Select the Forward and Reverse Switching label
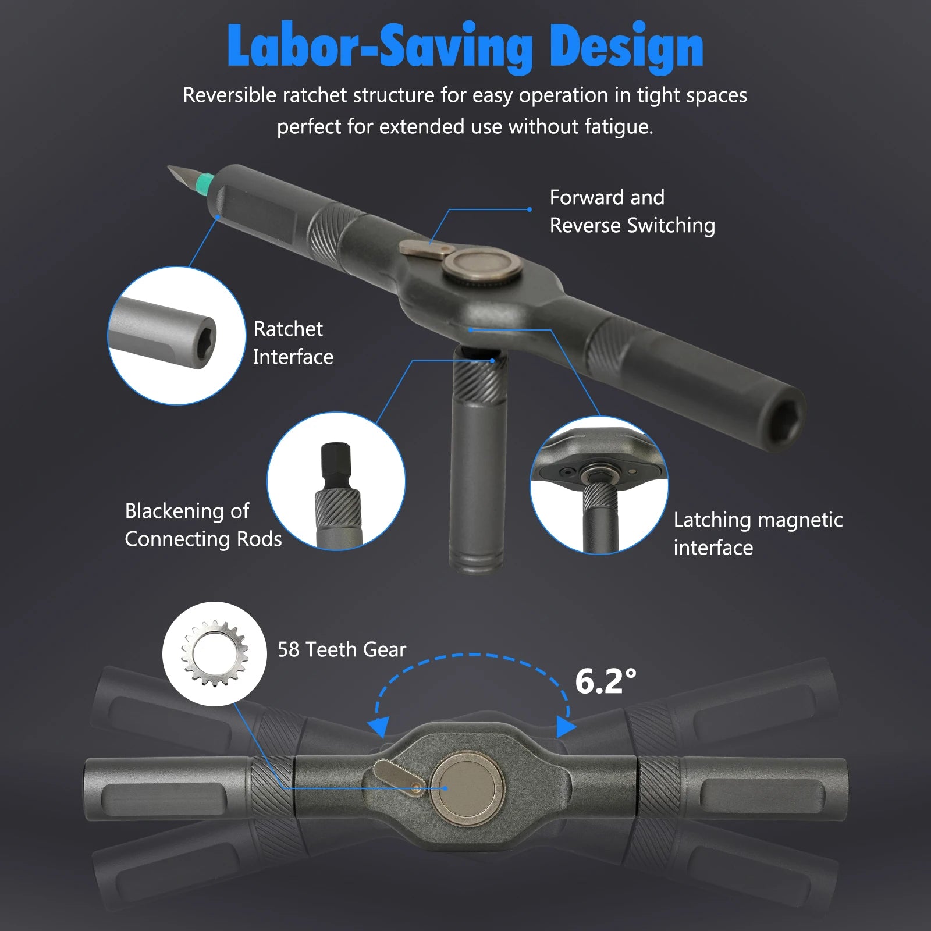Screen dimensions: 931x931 point(632,211)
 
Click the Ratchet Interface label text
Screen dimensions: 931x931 point(293,343)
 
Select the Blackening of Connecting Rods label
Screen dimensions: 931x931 point(203,525)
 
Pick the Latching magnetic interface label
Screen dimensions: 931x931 point(758,534)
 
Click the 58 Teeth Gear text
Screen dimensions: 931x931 point(342,649)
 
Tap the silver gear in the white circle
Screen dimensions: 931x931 point(215,653)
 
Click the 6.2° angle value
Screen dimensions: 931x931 point(606,681)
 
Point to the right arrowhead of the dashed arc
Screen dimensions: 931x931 point(566,726)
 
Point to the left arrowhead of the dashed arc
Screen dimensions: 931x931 point(379,727)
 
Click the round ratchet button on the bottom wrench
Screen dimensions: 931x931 point(467,788)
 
